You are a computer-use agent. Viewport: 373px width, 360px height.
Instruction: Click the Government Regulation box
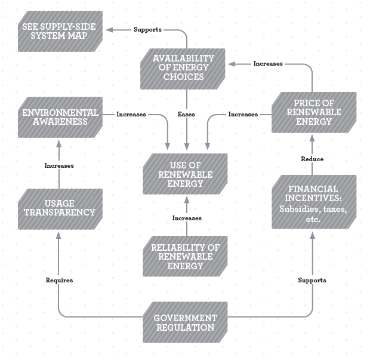click(186, 324)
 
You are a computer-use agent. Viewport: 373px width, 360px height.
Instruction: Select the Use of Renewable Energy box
click(186, 174)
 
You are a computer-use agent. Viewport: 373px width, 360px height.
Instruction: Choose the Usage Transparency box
click(59, 208)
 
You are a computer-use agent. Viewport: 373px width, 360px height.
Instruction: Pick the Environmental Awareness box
click(60, 117)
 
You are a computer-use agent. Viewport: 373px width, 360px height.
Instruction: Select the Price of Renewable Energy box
click(313, 113)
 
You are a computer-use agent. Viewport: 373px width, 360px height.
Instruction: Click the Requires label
click(59, 279)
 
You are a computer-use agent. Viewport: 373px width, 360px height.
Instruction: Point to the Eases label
click(187, 114)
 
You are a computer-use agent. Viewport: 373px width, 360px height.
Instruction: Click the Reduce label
click(313, 159)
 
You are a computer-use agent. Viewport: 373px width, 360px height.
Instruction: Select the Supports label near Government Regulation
click(312, 279)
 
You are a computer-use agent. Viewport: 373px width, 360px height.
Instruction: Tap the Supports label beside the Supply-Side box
click(147, 29)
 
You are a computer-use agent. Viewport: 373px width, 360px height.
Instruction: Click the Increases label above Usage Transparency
click(59, 165)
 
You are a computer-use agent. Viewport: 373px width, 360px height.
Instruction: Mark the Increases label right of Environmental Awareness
click(131, 114)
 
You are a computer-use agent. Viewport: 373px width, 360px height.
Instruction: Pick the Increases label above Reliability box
click(187, 219)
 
